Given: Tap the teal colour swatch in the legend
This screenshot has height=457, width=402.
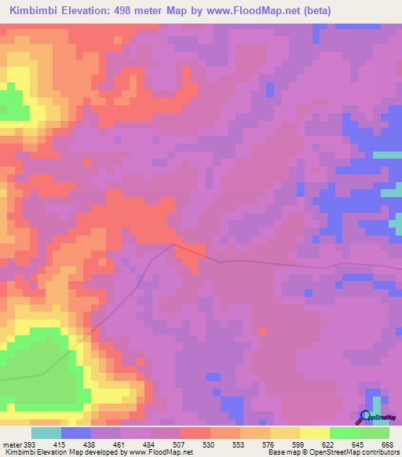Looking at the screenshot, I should (46, 433).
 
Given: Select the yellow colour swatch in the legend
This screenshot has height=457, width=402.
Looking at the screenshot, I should (314, 433).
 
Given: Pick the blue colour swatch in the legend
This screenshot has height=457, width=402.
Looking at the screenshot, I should (76, 433).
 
